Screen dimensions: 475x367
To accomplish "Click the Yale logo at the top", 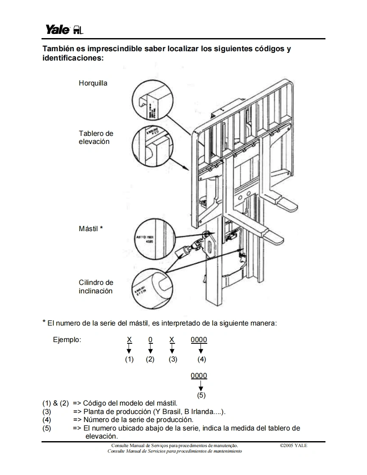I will point(64,30).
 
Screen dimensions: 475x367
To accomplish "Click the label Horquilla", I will point(93,83).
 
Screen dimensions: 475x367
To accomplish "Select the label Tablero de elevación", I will point(96,138).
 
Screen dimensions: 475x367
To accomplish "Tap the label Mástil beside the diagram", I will point(89,229).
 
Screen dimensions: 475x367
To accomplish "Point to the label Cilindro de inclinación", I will point(96,287).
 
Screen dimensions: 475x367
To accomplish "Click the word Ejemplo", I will point(67,340).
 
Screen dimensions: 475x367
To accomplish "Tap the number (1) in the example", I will point(129,359).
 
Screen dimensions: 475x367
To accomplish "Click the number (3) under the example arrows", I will point(172,359).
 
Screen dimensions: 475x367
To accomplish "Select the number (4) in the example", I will point(202,359).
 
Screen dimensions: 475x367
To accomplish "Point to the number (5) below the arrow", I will point(201,395).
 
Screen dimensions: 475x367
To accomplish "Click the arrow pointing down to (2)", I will point(150,349).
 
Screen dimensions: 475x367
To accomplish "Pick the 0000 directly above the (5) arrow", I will point(199,376).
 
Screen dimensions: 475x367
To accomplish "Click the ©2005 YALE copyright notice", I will point(293,445).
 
